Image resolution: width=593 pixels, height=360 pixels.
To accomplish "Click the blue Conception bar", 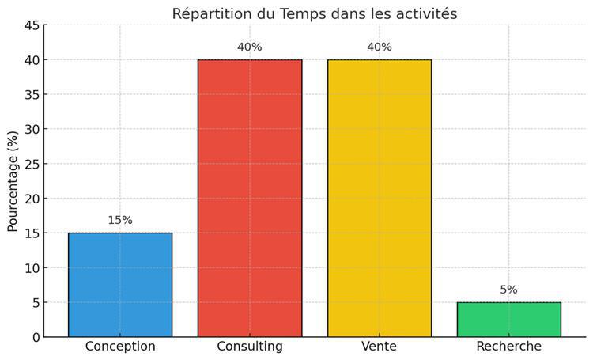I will coord(120,285).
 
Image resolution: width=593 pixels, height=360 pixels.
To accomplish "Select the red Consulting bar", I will coord(250,198).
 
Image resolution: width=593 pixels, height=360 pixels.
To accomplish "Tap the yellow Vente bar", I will coord(380,198).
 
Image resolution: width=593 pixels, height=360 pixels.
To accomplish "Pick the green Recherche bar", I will coord(509,320).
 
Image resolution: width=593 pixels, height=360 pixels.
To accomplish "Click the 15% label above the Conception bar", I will coord(120,220).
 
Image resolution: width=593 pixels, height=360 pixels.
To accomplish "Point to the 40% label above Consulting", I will coord(250,47).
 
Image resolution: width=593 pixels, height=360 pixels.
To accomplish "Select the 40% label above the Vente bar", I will coord(380,47).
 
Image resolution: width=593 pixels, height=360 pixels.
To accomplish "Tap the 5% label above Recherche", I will coord(509,290).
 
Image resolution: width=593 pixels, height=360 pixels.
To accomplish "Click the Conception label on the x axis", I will coord(120,347).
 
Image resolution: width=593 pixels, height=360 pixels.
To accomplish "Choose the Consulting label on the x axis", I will coord(250,347).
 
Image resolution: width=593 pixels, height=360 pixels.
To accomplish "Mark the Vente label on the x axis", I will coord(380,347).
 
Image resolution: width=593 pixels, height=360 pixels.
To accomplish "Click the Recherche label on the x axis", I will coord(509,347).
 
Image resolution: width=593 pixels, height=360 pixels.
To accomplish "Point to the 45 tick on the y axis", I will coord(32,25).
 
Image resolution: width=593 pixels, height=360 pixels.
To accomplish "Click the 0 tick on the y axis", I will coord(36,337).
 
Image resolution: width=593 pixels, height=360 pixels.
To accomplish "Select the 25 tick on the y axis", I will coord(32,164).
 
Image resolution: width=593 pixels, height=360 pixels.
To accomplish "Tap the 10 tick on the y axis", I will coord(32,267).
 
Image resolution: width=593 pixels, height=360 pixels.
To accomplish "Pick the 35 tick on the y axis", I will coord(32,94).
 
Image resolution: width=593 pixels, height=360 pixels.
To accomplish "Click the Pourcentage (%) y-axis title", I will coord(13,181).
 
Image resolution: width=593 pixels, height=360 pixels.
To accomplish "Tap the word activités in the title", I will coord(426,13).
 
